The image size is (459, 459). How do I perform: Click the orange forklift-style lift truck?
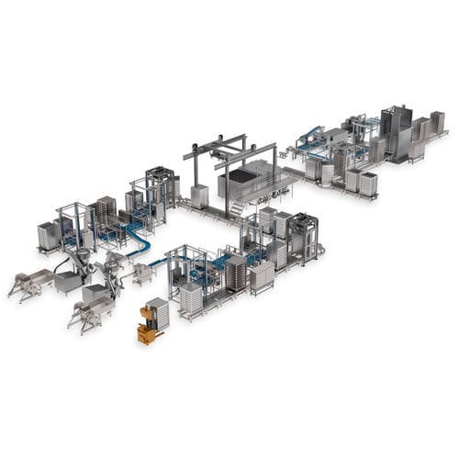pyautogui.click(x=147, y=327)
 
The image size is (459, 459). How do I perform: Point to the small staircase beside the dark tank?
pyautogui.click(x=237, y=213)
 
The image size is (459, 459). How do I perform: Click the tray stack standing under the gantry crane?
pyautogui.click(x=199, y=196)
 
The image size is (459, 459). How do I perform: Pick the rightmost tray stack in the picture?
pyautogui.click(x=437, y=122)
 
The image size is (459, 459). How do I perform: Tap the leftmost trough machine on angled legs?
pyautogui.click(x=29, y=282)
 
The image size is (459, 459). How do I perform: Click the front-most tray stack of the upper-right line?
pyautogui.click(x=368, y=183)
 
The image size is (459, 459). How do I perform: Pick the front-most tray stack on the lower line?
pyautogui.click(x=191, y=297)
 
